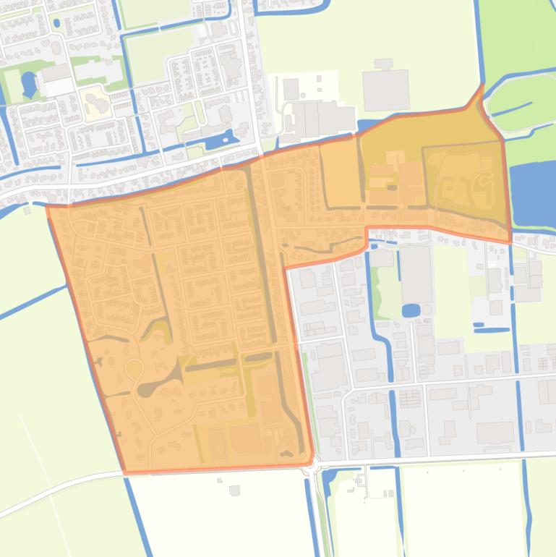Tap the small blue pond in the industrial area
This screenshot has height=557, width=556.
point(410,310)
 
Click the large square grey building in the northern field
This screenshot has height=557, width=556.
point(385,89)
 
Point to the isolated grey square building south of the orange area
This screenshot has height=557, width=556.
point(234,490)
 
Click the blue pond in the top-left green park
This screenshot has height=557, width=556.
point(28,82)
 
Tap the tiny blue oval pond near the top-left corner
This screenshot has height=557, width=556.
point(56,23)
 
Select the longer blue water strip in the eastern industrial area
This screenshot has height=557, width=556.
point(492,329)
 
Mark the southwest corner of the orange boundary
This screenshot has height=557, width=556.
point(126,473)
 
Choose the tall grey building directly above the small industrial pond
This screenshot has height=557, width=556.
point(416,275)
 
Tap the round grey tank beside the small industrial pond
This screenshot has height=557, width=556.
point(427,310)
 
